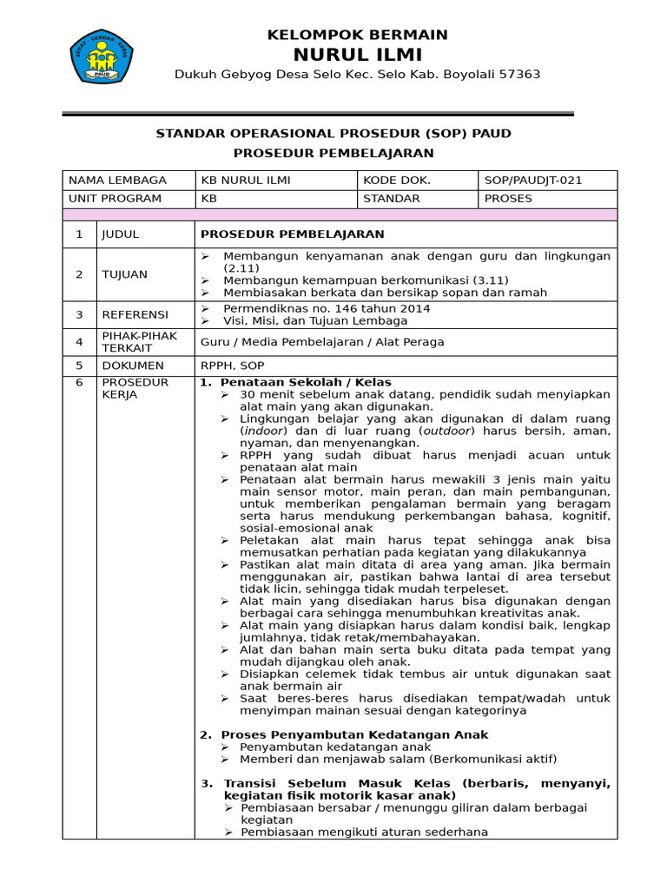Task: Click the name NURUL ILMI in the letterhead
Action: coord(357,55)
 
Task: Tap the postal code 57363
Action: coord(518,75)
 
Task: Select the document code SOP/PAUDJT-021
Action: coord(532,181)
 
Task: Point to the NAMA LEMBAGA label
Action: coord(117,181)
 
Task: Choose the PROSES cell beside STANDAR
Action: coord(508,199)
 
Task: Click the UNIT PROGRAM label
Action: coord(116,199)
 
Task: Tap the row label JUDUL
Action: coord(120,234)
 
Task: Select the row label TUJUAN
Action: coord(124,274)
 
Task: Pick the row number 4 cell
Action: coord(79,342)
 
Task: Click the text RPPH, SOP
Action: coord(233,365)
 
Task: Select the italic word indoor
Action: coord(262,431)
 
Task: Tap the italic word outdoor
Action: coord(446,431)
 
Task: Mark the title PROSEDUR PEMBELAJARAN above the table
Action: coord(333,153)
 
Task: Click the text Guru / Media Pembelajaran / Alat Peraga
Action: coord(322,342)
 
